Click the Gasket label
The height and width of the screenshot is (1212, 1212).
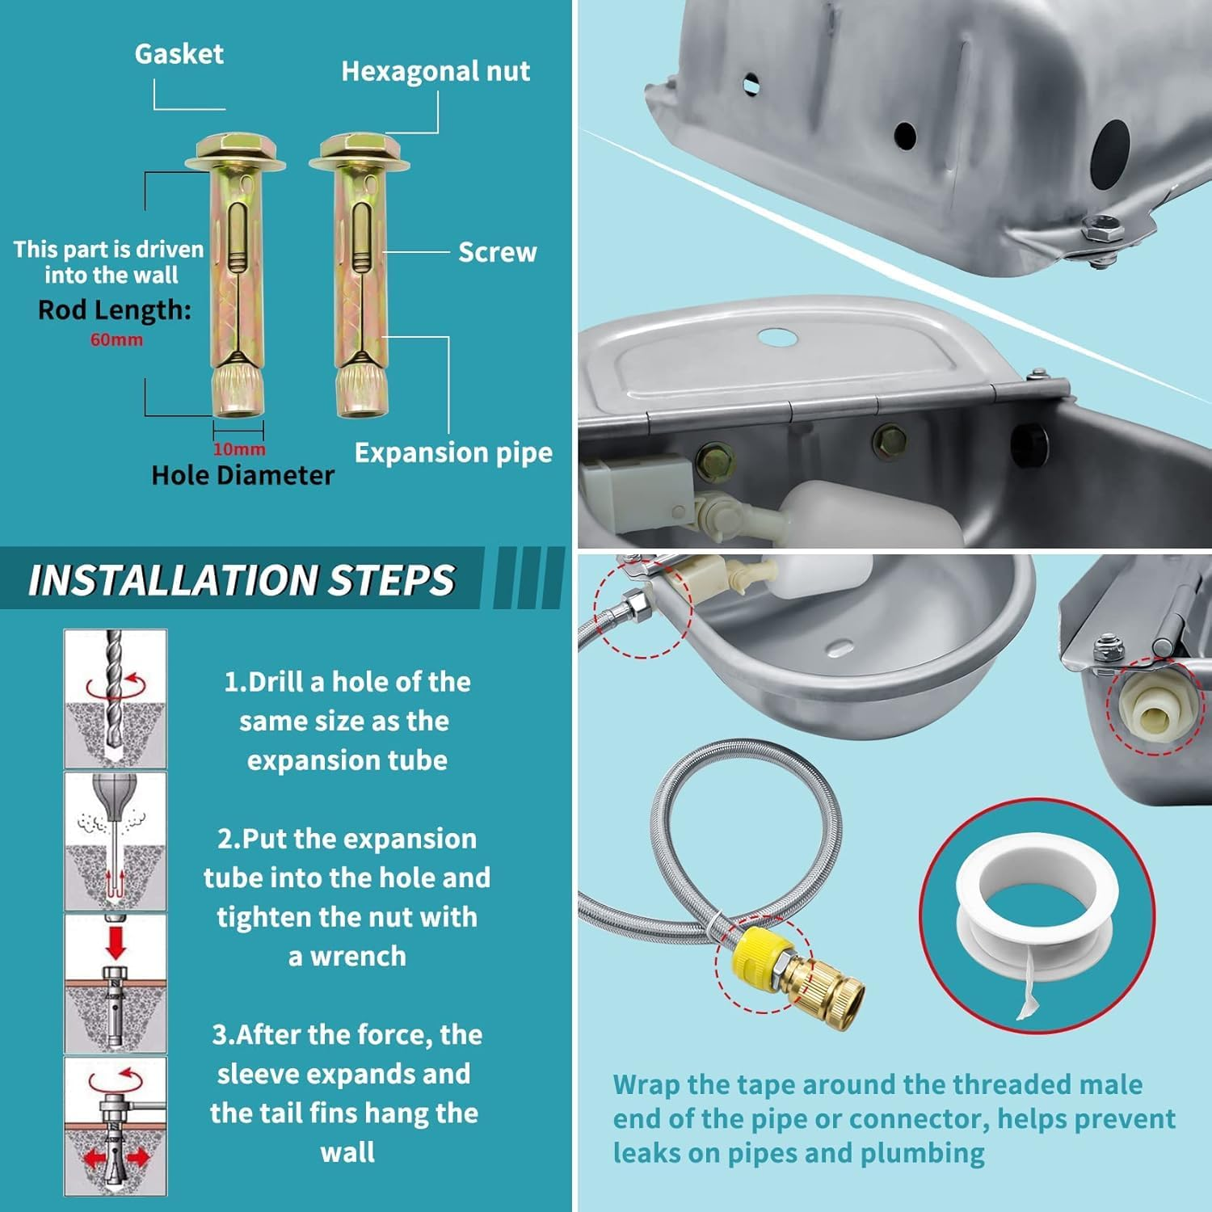[x=179, y=54]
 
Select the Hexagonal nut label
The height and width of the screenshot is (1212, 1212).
[x=436, y=72]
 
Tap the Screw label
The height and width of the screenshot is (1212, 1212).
[x=497, y=252]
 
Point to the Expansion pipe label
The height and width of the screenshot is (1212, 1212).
[x=453, y=452]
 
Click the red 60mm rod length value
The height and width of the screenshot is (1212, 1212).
[x=116, y=340]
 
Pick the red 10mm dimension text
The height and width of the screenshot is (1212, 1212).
[x=239, y=449]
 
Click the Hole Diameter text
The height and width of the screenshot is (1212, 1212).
[x=242, y=475]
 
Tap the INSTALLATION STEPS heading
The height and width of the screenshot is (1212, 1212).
[x=242, y=579]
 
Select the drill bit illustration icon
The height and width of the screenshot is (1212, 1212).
[x=115, y=699]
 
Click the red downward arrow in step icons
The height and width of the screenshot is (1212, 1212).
[x=116, y=942]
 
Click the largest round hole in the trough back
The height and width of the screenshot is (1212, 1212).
[x=1111, y=151]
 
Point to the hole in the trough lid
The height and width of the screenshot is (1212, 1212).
[x=777, y=336]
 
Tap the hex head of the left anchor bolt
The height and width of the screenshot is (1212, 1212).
[x=235, y=148]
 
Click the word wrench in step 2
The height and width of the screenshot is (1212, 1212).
[x=358, y=957]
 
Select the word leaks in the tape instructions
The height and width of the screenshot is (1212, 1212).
[x=647, y=1153]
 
